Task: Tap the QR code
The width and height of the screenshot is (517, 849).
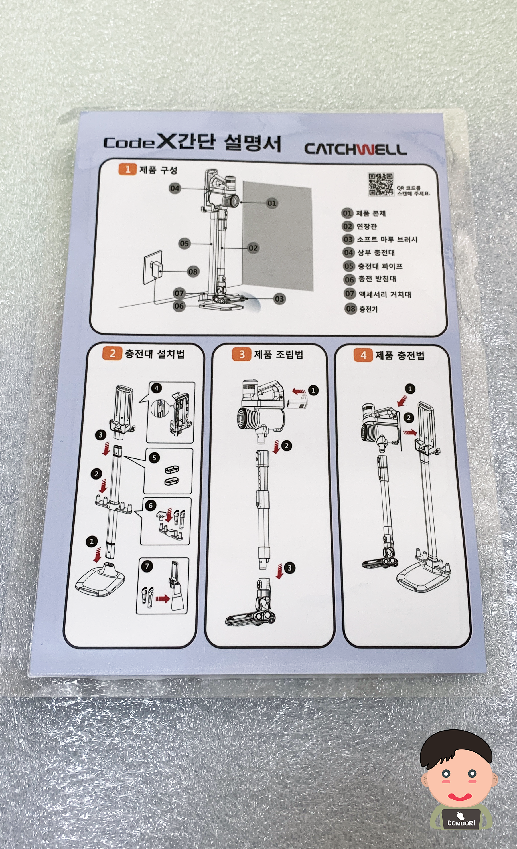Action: tap(381, 184)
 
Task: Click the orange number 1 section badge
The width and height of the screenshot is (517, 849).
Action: tap(127, 169)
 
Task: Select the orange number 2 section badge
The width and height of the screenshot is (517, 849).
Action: tap(112, 353)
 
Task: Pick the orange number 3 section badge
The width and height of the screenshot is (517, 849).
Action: tap(242, 354)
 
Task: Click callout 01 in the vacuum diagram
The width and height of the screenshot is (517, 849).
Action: tap(272, 203)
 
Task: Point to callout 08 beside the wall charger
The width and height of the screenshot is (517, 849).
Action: tap(193, 272)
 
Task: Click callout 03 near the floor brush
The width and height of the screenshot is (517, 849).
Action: tap(279, 299)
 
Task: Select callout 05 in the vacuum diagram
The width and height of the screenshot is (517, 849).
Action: tap(184, 244)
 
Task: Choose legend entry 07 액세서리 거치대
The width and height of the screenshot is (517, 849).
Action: tap(378, 294)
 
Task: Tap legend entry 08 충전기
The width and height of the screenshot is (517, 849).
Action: tap(361, 309)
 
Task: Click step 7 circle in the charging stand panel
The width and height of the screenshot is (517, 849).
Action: tap(147, 566)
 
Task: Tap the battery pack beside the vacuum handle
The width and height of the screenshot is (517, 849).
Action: tap(299, 402)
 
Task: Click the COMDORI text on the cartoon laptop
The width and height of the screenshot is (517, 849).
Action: tap(461, 823)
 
